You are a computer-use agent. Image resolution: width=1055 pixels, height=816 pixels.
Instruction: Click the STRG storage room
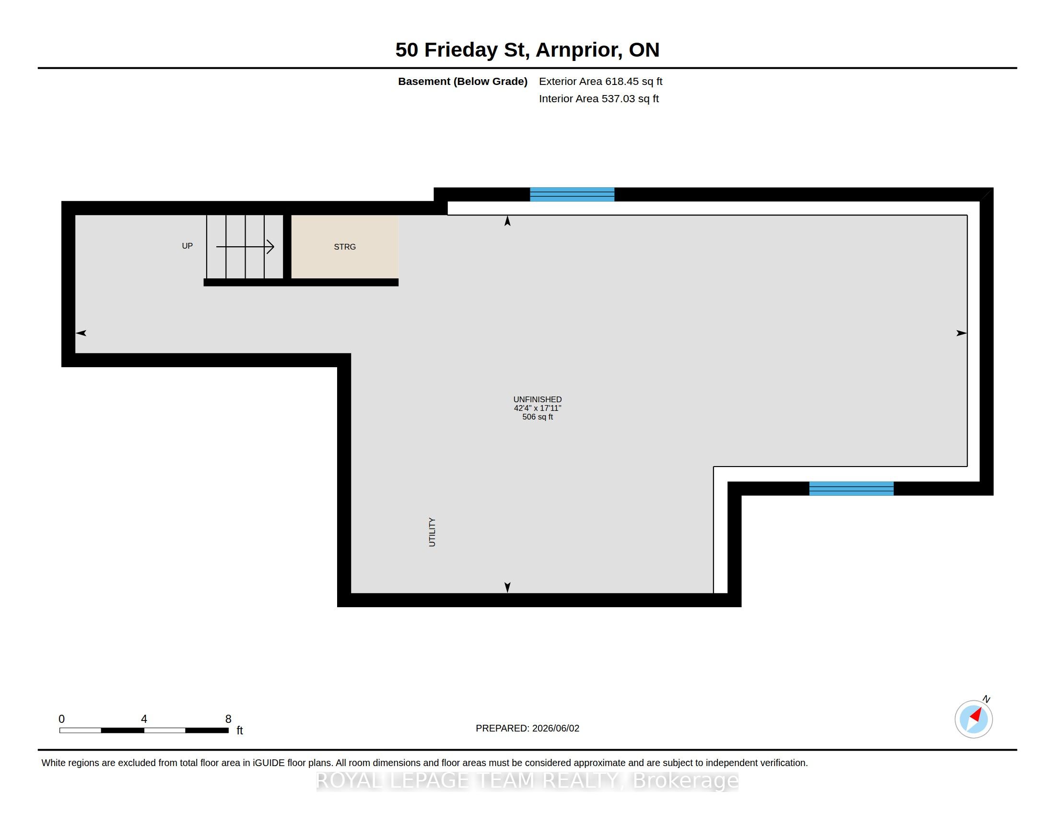(x=344, y=247)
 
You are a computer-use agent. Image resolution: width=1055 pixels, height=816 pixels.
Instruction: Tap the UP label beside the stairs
(x=188, y=246)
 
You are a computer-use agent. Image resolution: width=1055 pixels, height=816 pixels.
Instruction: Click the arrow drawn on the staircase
(x=246, y=247)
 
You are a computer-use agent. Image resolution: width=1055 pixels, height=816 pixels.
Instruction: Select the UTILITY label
(x=432, y=532)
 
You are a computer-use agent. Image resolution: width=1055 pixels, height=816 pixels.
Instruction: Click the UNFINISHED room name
(x=538, y=399)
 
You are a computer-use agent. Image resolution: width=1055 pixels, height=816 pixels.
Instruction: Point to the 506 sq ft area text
(x=538, y=417)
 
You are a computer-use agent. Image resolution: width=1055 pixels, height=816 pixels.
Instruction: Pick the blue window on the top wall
(x=572, y=194)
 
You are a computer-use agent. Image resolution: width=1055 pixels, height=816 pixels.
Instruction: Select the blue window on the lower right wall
(x=851, y=489)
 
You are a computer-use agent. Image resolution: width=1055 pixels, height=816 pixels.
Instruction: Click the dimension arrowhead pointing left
(x=81, y=333)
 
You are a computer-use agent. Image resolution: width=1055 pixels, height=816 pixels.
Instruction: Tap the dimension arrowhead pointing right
(x=962, y=333)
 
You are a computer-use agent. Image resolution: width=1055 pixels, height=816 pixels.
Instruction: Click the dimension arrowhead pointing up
(x=507, y=221)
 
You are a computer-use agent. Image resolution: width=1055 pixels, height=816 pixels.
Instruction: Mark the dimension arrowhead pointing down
(x=507, y=588)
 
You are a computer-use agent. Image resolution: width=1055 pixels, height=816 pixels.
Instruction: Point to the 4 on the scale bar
(x=144, y=719)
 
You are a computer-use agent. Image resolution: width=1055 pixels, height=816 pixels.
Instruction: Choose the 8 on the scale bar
(x=228, y=719)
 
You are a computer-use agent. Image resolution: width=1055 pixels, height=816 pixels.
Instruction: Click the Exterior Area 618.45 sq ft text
(x=600, y=82)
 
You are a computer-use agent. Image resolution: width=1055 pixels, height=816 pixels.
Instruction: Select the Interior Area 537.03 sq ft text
(x=598, y=98)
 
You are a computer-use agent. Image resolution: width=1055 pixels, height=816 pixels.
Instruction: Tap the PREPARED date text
(x=527, y=729)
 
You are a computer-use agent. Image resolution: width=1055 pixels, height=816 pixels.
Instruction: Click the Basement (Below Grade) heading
(x=462, y=82)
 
